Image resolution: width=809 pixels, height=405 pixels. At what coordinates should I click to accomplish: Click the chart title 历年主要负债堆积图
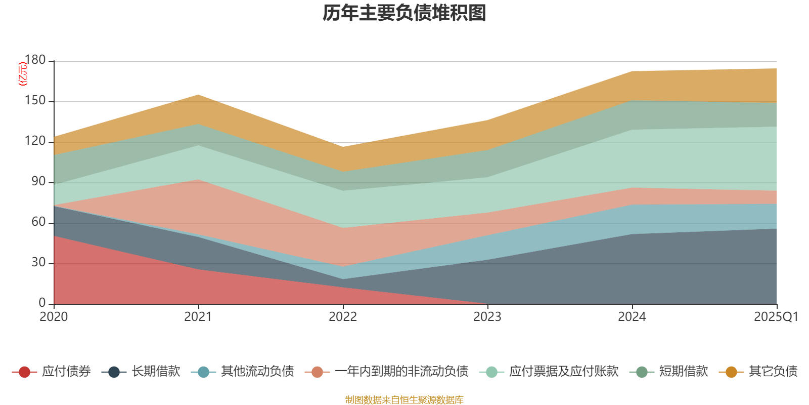404,14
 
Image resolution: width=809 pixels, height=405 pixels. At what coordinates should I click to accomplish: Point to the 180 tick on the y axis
35,60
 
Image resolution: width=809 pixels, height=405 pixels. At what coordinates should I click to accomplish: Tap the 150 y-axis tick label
35,101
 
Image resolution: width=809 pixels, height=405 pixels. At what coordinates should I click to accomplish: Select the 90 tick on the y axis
38,182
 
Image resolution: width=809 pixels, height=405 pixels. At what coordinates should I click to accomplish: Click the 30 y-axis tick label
38,263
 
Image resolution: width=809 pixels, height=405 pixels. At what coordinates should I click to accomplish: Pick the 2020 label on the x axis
54,317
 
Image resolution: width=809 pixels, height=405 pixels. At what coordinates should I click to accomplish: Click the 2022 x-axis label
343,317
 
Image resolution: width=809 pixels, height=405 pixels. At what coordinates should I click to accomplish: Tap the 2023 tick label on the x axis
487,317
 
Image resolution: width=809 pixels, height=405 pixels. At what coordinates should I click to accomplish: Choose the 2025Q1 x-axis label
776,317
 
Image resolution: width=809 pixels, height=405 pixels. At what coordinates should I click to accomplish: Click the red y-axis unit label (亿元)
22,74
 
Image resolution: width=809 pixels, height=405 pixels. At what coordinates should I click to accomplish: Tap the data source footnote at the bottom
404,400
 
